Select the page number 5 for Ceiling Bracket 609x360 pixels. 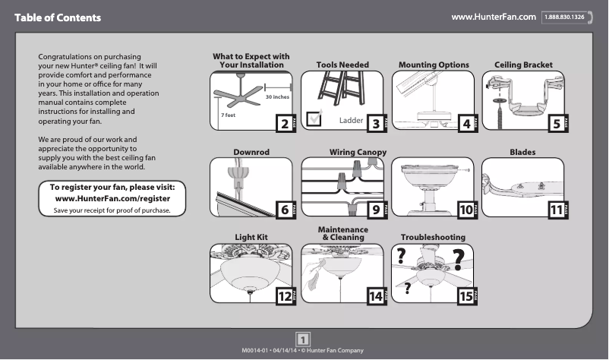556,124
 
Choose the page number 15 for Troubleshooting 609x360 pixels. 465,297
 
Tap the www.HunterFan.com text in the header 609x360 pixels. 494,17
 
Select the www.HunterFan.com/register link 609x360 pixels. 112,198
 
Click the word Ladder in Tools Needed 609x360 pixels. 351,121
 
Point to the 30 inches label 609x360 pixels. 277,97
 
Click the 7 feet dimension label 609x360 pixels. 227,115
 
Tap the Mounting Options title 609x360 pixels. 434,65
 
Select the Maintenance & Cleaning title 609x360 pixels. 342,233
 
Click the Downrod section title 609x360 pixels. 251,153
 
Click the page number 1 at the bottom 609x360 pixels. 303,339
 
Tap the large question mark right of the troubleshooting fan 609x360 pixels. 458,256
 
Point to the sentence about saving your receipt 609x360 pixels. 112,210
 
